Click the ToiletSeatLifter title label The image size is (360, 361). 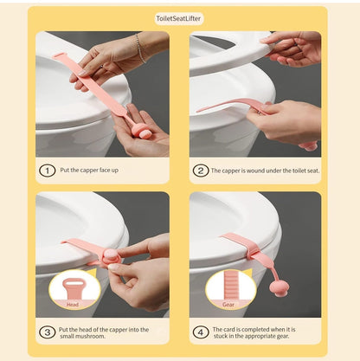pyautogui.click(x=178, y=19)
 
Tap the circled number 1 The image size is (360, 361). pyautogui.click(x=47, y=171)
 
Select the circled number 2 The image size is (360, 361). pyautogui.click(x=200, y=171)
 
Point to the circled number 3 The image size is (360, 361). pyautogui.click(x=47, y=332)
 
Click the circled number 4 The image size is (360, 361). pyautogui.click(x=200, y=332)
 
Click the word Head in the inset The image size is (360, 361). pyautogui.click(x=73, y=305)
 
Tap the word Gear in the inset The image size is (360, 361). pyautogui.click(x=228, y=305)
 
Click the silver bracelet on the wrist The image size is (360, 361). pyautogui.click(x=140, y=48)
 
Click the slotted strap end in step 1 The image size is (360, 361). pyautogui.click(x=59, y=55)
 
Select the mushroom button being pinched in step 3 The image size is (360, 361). pyautogui.click(x=109, y=257)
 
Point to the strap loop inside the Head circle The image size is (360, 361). pyautogui.click(x=73, y=287)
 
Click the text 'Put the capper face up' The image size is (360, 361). pyautogui.click(x=89, y=171)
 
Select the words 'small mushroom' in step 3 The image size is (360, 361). pyautogui.click(x=82, y=336)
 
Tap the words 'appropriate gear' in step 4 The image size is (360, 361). pyautogui.click(x=267, y=336)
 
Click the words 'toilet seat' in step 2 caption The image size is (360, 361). pyautogui.click(x=305, y=171)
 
